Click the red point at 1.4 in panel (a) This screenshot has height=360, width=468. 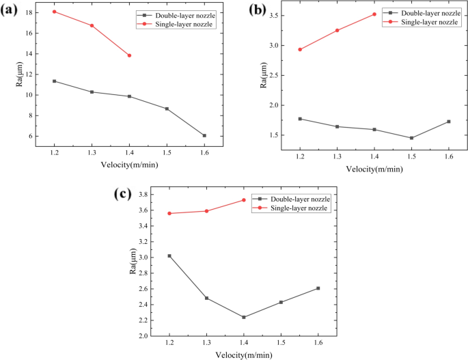(x=129, y=55)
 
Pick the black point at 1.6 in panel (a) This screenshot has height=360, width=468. (x=204, y=135)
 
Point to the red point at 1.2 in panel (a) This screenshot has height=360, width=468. (x=54, y=12)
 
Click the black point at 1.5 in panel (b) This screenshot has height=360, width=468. (x=411, y=138)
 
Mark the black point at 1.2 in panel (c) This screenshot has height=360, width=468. (x=169, y=256)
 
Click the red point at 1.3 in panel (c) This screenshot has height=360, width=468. (x=206, y=211)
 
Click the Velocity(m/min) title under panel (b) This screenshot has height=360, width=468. (x=373, y=168)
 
